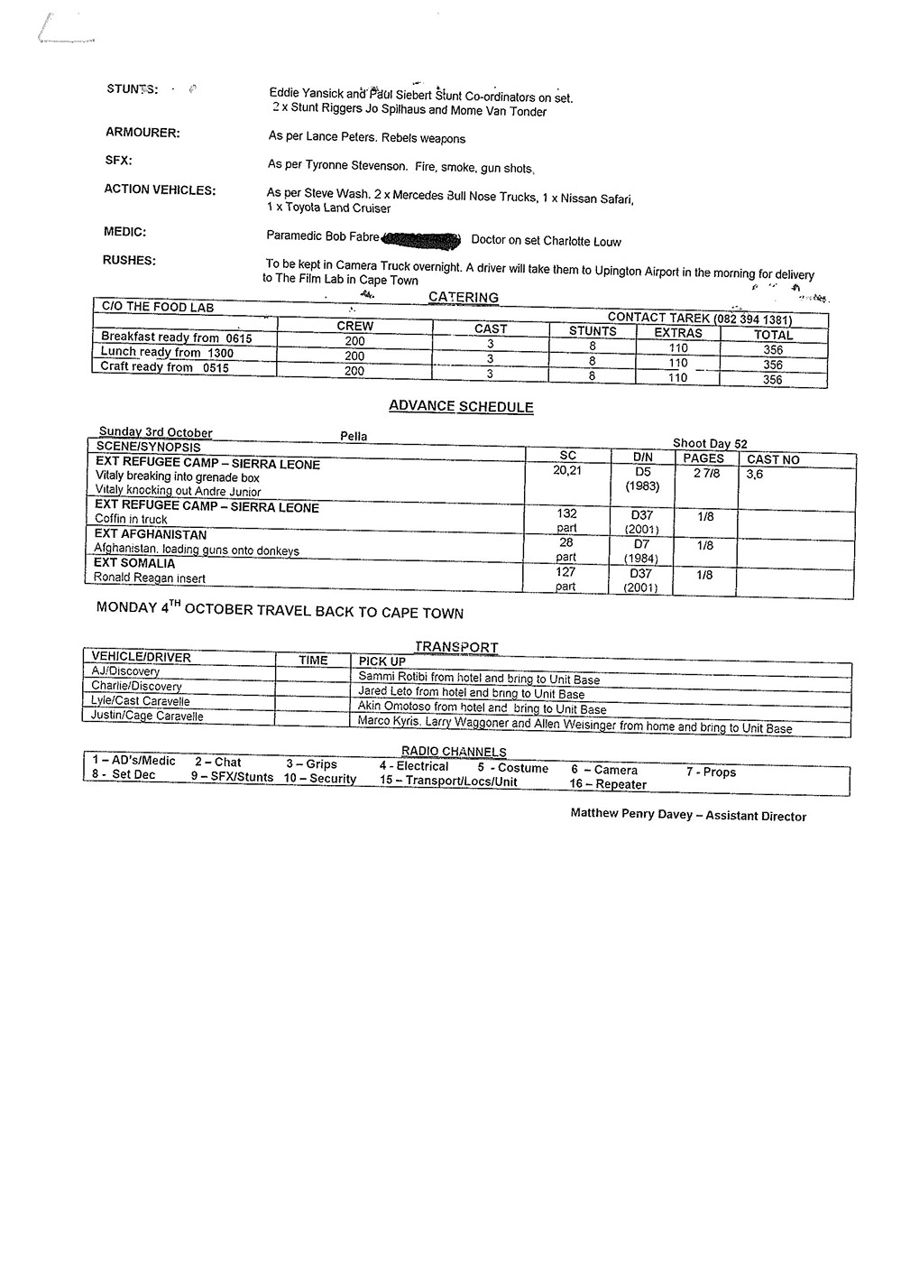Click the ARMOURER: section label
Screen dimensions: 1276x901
pyautogui.click(x=142, y=133)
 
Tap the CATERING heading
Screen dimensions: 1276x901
pyautogui.click(x=463, y=297)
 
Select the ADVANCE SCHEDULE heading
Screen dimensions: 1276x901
pyautogui.click(x=461, y=406)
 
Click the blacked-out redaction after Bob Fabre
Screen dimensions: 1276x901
pyautogui.click(x=422, y=239)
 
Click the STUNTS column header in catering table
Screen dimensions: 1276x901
pyautogui.click(x=593, y=331)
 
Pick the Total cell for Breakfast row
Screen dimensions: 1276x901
pyautogui.click(x=773, y=349)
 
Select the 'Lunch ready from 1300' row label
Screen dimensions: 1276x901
pyautogui.click(x=167, y=353)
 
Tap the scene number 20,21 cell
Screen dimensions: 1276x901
pyautogui.click(x=567, y=469)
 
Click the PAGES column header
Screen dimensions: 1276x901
pyautogui.click(x=703, y=458)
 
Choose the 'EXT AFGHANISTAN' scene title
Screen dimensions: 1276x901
pyautogui.click(x=151, y=534)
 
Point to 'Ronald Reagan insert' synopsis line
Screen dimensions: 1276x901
pyautogui.click(x=150, y=578)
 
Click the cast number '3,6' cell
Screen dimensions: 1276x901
pyautogui.click(x=754, y=474)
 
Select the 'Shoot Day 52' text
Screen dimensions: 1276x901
pyautogui.click(x=710, y=443)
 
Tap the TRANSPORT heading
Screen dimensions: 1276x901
pyautogui.click(x=456, y=646)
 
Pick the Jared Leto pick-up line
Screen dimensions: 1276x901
pyautogui.click(x=471, y=693)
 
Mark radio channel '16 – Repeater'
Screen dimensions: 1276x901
pyautogui.click(x=608, y=784)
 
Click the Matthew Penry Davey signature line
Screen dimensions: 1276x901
pyautogui.click(x=688, y=815)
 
